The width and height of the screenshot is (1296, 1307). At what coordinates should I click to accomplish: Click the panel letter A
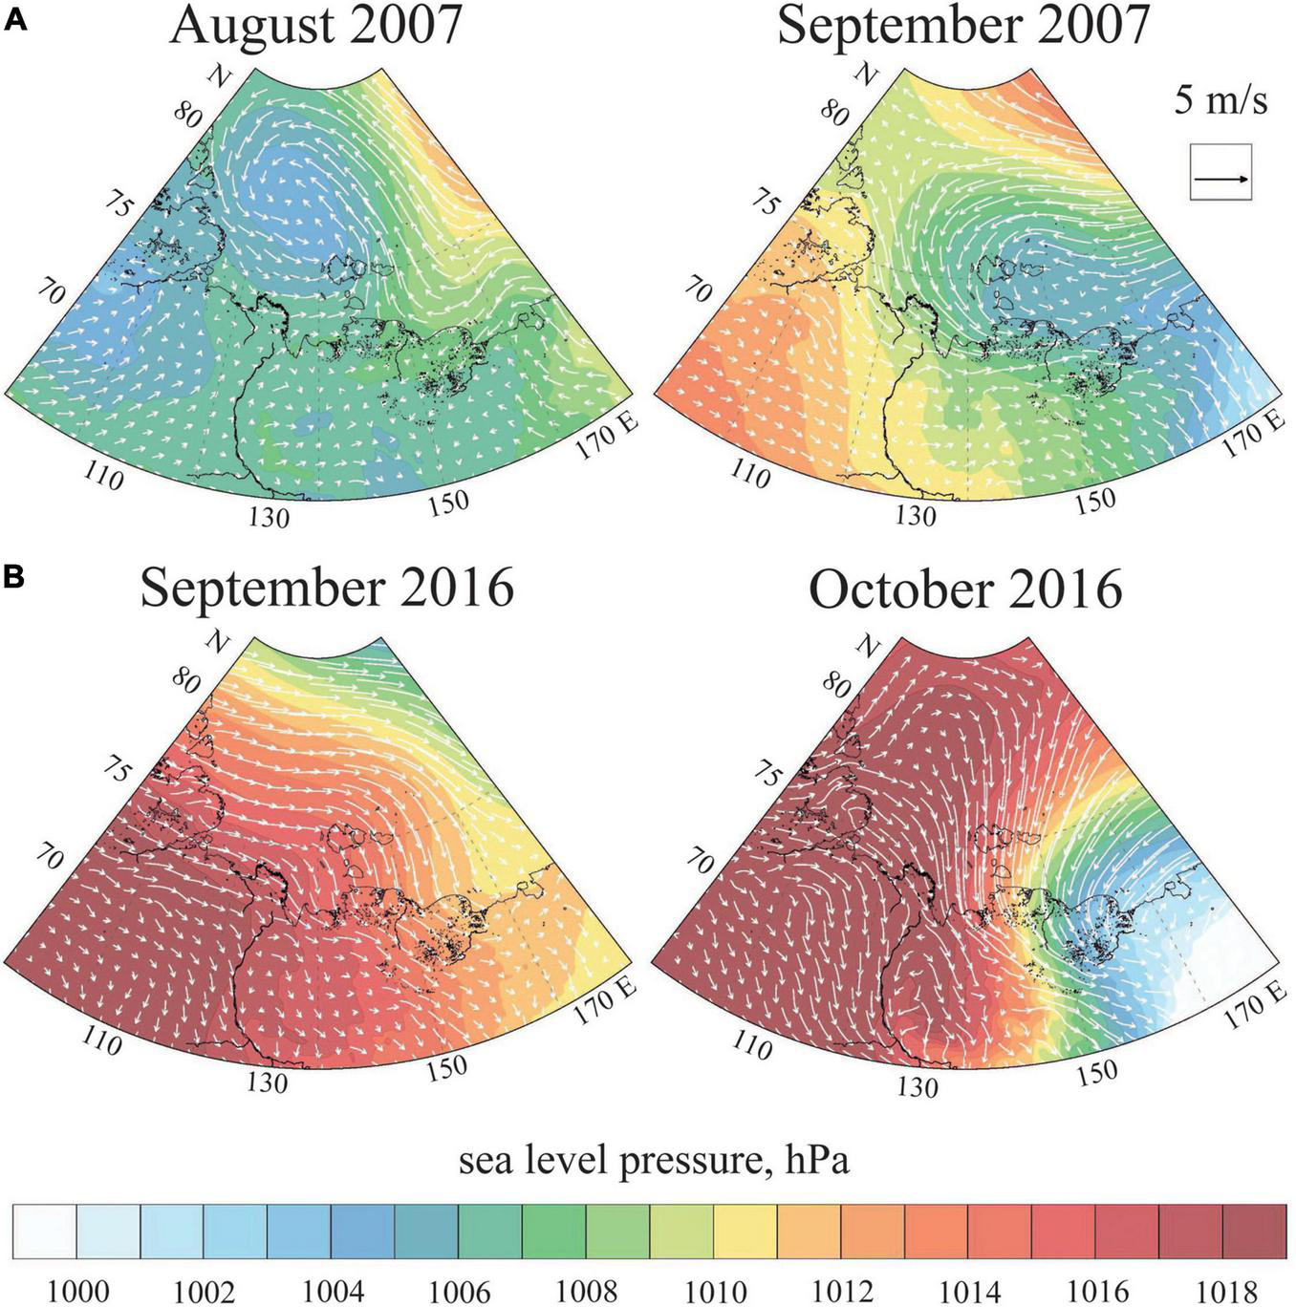16,21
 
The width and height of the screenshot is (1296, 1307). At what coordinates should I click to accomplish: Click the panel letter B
16,579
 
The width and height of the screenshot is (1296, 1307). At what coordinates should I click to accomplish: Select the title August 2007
315,27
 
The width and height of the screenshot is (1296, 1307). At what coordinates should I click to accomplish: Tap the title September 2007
962,27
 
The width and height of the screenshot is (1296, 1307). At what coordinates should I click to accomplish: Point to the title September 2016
327,588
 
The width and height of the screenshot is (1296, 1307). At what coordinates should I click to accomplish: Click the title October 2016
964,588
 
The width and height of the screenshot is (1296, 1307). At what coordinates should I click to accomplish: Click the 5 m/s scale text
1220,99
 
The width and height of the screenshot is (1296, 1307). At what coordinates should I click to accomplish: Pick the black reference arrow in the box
1220,179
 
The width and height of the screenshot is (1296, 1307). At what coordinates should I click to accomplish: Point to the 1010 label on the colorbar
715,1291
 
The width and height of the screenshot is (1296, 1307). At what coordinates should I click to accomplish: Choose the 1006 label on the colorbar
460,1291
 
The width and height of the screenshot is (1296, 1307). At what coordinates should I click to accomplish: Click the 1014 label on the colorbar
970,1291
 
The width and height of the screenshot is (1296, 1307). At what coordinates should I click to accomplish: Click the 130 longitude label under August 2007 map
270,517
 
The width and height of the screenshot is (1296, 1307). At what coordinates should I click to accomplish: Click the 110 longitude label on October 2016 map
751,1045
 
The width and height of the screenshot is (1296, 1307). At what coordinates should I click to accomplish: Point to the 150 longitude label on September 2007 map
1094,501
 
